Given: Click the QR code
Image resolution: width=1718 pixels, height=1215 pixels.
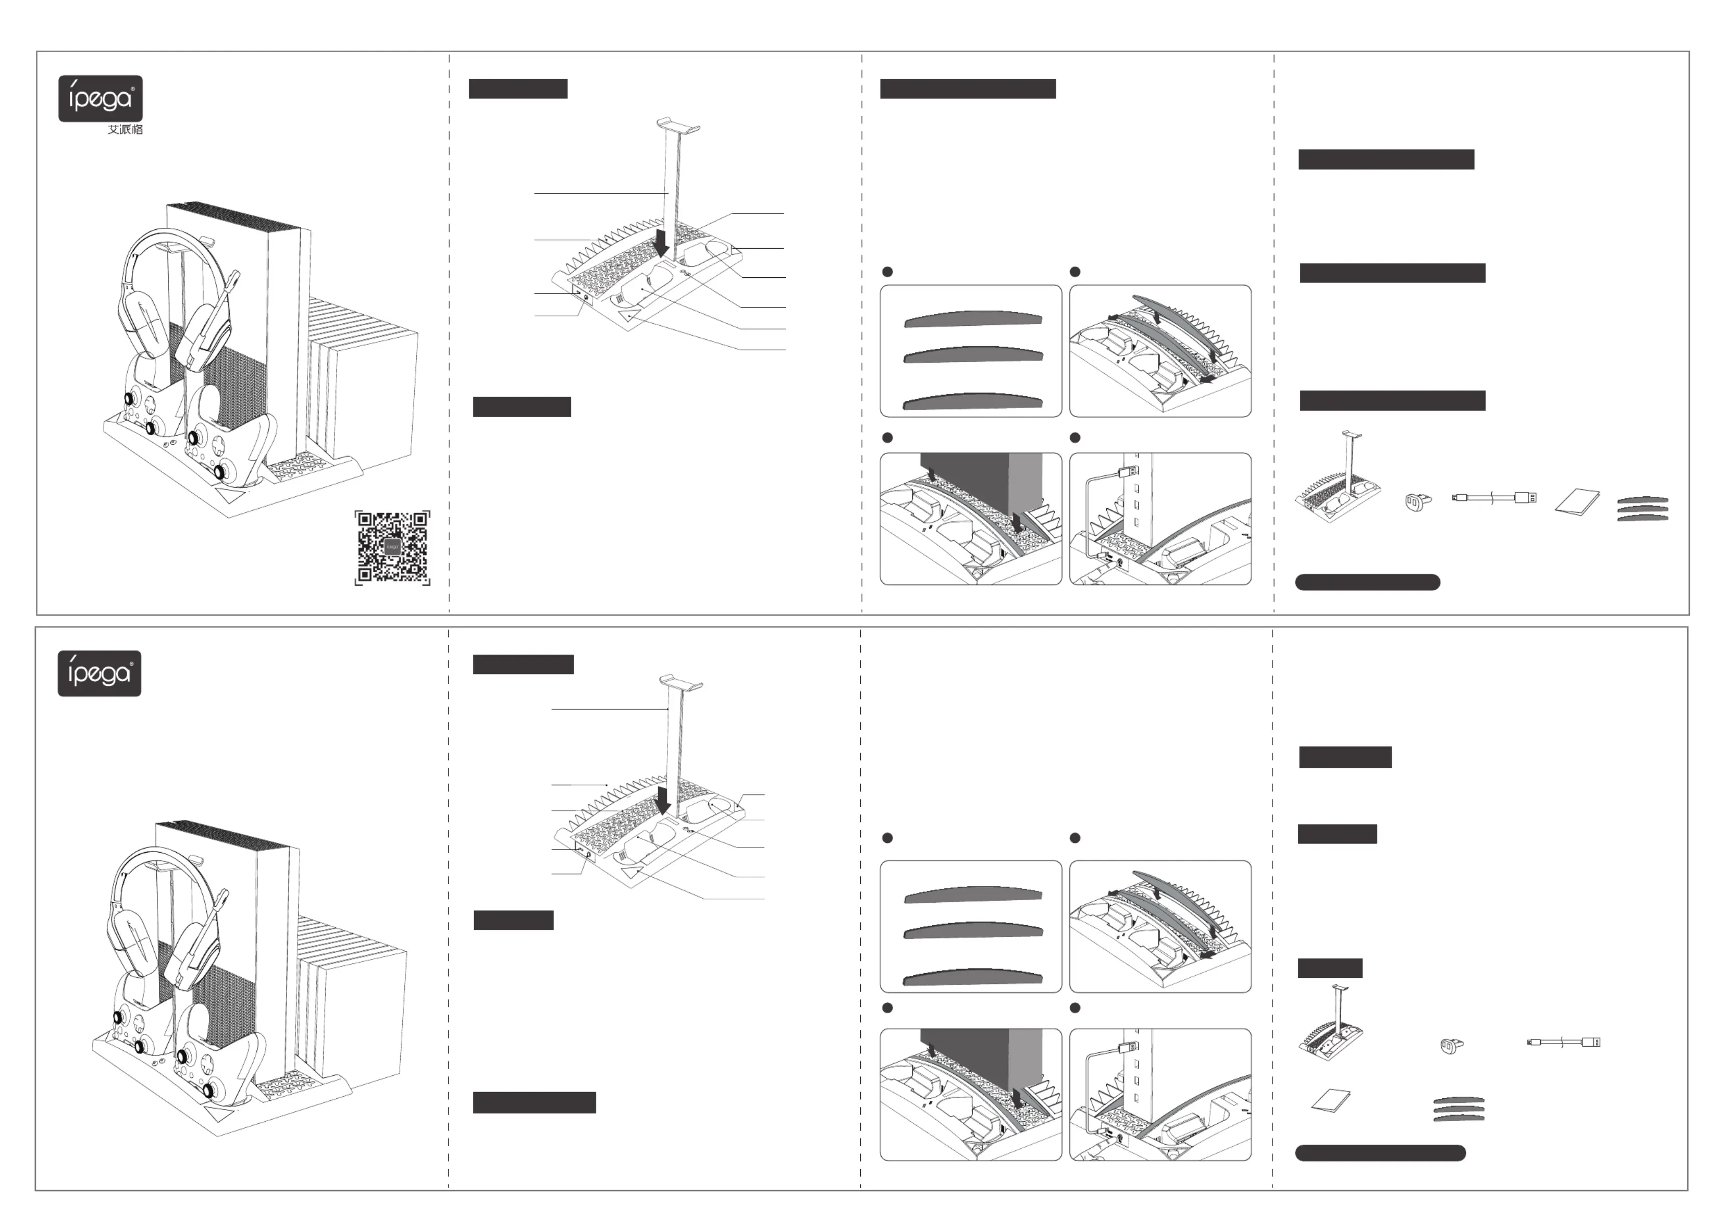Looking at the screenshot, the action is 392,548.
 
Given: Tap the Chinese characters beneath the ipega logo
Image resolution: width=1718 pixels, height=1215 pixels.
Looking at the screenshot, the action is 125,129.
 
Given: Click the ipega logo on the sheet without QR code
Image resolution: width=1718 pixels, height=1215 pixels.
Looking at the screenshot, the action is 100,673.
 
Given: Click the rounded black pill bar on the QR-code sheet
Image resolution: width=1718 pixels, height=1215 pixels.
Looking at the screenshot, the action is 1367,582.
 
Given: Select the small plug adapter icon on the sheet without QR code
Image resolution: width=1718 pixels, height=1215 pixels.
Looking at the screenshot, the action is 1452,1045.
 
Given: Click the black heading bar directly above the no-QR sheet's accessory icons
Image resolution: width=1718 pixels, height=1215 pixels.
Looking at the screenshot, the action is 1330,968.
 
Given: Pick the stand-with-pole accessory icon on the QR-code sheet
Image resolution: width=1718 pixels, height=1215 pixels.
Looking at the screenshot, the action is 1337,479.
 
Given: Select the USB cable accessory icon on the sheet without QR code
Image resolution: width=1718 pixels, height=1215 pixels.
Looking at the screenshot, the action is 1563,1042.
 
